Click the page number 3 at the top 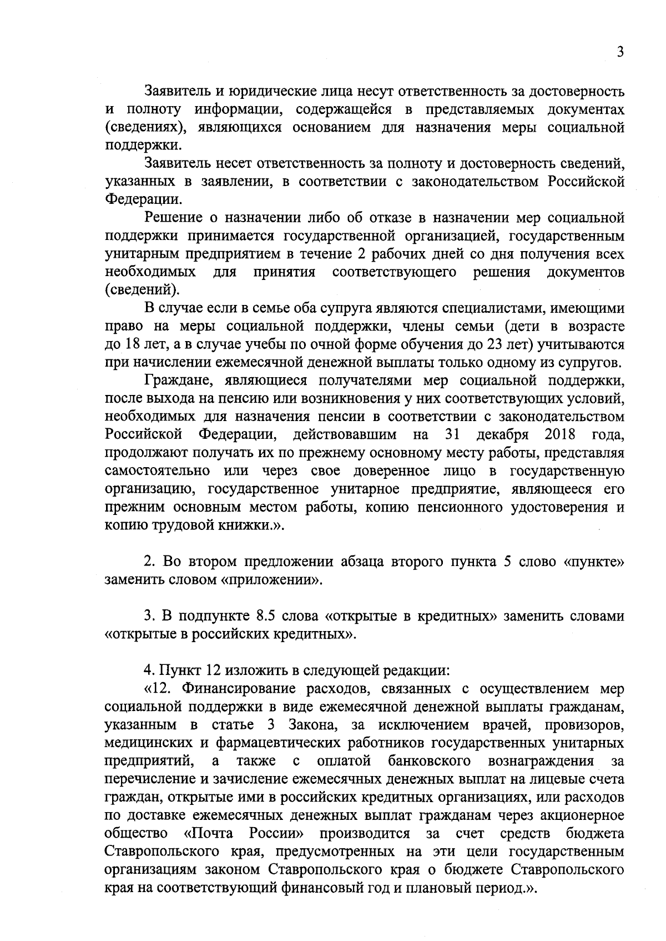point(620,52)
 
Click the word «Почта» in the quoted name point(208,833)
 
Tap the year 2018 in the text point(560,434)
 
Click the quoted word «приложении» point(271,580)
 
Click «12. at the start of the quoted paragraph point(159,689)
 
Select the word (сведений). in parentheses point(142,290)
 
